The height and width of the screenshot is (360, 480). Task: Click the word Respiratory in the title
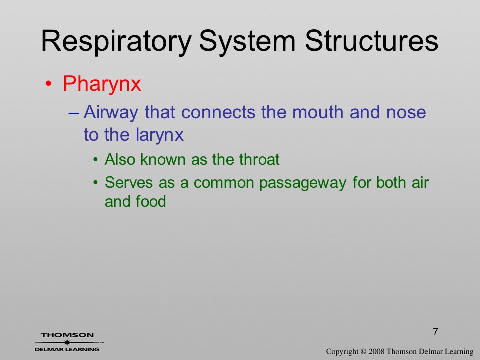click(x=116, y=42)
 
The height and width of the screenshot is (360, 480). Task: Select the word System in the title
click(x=247, y=42)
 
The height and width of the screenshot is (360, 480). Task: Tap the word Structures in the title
click(x=371, y=40)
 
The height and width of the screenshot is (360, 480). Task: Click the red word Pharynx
click(x=102, y=84)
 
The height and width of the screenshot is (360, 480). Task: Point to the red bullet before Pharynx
click(x=48, y=84)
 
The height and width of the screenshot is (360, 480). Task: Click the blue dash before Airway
click(x=74, y=113)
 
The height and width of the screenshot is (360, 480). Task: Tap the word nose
click(x=406, y=113)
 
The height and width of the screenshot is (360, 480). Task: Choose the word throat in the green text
click(x=259, y=160)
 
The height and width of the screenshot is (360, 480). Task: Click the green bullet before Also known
click(x=96, y=160)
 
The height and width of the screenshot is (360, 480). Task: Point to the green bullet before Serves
click(x=96, y=183)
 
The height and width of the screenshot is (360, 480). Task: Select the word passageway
click(x=303, y=183)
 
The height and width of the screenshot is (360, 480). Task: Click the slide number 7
click(x=435, y=332)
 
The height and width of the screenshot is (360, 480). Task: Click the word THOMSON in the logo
click(x=67, y=335)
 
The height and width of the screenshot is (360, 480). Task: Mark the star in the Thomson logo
click(x=67, y=342)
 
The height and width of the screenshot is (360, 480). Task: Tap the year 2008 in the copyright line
click(x=376, y=351)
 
